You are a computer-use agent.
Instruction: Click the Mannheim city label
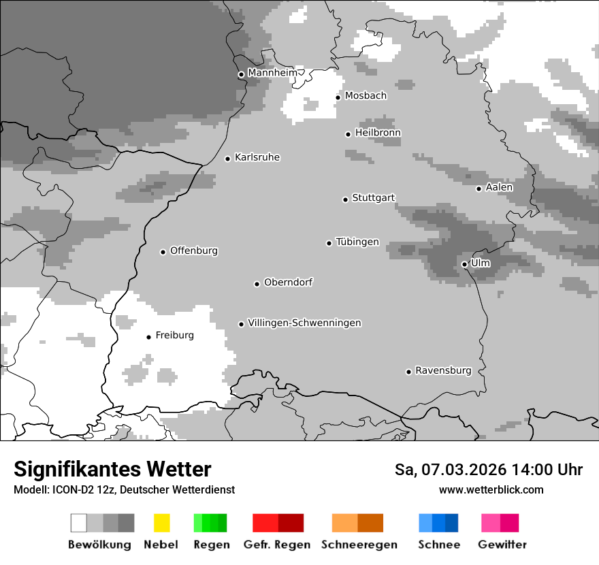[272, 73]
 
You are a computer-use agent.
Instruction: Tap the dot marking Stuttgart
[345, 199]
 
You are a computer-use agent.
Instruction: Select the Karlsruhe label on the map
[257, 158]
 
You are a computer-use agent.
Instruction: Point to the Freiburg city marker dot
[148, 337]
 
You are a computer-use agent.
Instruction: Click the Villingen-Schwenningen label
[304, 323]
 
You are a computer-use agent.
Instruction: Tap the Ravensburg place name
[443, 371]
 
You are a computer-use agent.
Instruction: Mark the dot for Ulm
[464, 264]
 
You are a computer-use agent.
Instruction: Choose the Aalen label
[499, 188]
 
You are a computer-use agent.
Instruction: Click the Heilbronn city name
[378, 133]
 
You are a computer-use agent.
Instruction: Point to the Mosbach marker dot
[338, 97]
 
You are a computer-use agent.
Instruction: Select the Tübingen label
[357, 242]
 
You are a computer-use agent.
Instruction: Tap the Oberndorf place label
[288, 282]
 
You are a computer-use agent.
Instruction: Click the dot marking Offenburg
[163, 252]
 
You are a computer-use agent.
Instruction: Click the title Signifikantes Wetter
[112, 470]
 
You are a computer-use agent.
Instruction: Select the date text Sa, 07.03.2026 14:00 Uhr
[488, 470]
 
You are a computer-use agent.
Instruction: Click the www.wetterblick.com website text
[491, 489]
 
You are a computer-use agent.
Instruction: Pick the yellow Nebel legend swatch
[161, 523]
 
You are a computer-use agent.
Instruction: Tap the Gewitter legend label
[502, 545]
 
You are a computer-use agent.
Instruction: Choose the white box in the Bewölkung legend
[79, 523]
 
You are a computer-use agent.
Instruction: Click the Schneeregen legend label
[359, 545]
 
